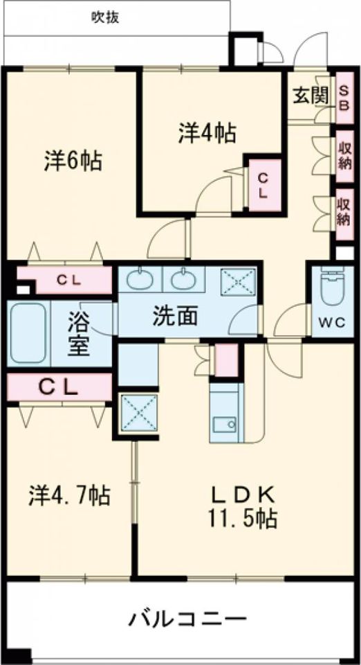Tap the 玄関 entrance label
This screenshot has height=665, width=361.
(x=309, y=97)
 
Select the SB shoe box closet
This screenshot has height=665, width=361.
(x=343, y=97)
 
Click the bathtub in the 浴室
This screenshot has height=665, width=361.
(x=28, y=332)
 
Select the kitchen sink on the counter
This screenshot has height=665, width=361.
(x=223, y=424)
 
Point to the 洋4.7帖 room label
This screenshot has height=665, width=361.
(x=68, y=495)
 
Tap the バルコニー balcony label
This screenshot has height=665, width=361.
(x=186, y=617)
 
